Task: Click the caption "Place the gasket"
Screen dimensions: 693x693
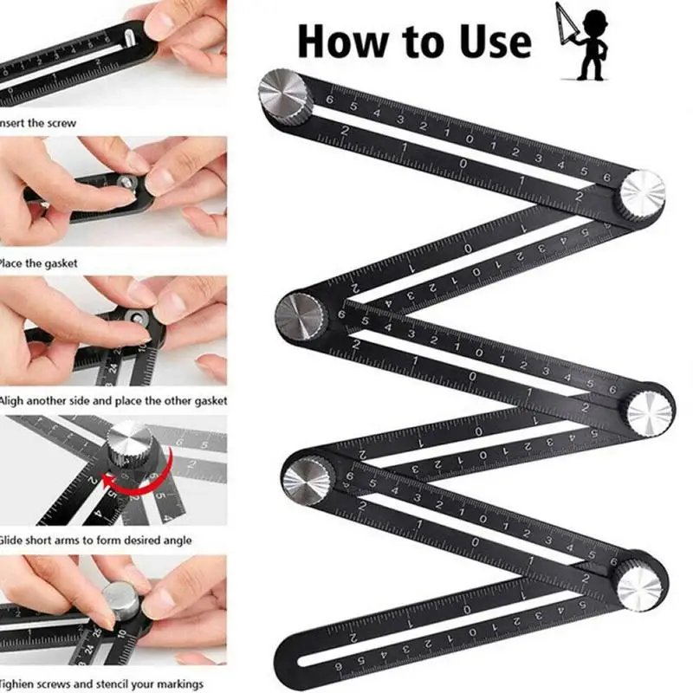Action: (x=39, y=262)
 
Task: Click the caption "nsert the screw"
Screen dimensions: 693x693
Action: (x=38, y=123)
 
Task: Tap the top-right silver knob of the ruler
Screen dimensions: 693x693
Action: (x=642, y=192)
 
